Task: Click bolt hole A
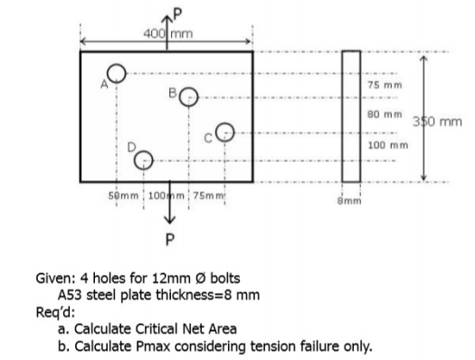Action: coord(116,71)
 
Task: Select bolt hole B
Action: coord(187,96)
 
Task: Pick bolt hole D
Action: coord(143,160)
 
